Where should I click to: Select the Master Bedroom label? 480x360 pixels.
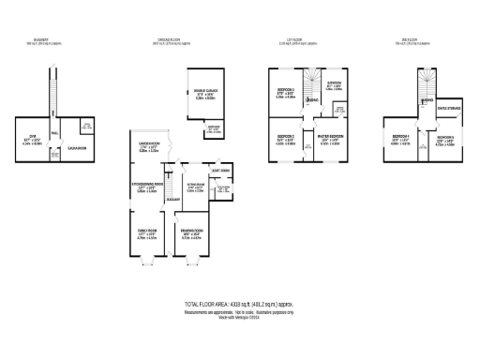331,139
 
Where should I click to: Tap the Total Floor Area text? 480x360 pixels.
240,306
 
